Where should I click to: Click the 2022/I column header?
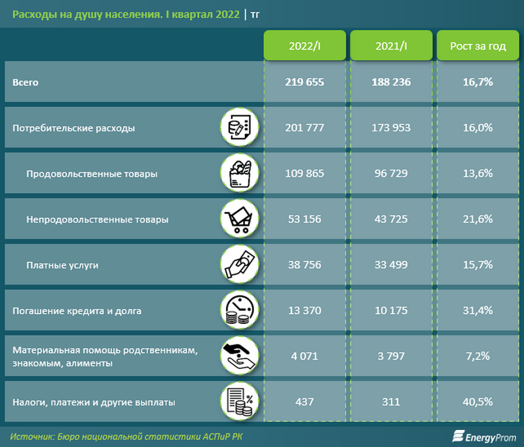click(305, 46)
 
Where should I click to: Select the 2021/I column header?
click(392, 46)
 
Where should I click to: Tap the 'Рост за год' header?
click(478, 46)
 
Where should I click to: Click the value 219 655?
click(305, 82)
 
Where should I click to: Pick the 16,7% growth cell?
click(478, 82)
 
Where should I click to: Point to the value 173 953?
click(392, 128)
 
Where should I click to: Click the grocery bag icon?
click(240, 173)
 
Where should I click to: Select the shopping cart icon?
click(240, 219)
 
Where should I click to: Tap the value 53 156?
click(305, 219)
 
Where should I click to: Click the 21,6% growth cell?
click(478, 219)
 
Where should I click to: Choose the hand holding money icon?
click(240, 264)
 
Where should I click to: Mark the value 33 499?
click(392, 264)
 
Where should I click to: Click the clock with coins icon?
click(240, 310)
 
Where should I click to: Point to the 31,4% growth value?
click(478, 310)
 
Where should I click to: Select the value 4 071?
click(305, 356)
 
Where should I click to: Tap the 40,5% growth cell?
click(478, 402)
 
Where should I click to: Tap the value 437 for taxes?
click(305, 402)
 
